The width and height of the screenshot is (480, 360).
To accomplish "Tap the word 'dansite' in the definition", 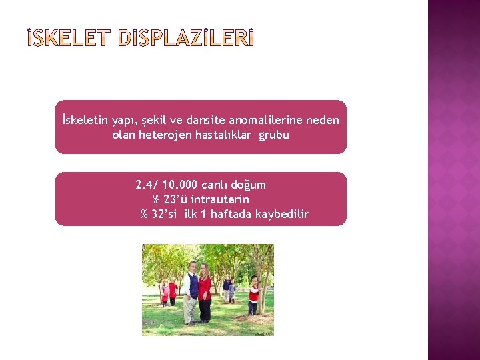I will coord(204,121).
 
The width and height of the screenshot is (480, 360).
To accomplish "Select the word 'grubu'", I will coord(274,135).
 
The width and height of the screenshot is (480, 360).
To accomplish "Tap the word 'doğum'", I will coord(249,185).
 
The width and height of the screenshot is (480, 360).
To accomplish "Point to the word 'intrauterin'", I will coord(223,199).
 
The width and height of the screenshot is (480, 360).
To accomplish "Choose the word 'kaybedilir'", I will coord(286,214).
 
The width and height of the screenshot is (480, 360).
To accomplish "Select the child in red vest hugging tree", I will coord(253,295).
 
